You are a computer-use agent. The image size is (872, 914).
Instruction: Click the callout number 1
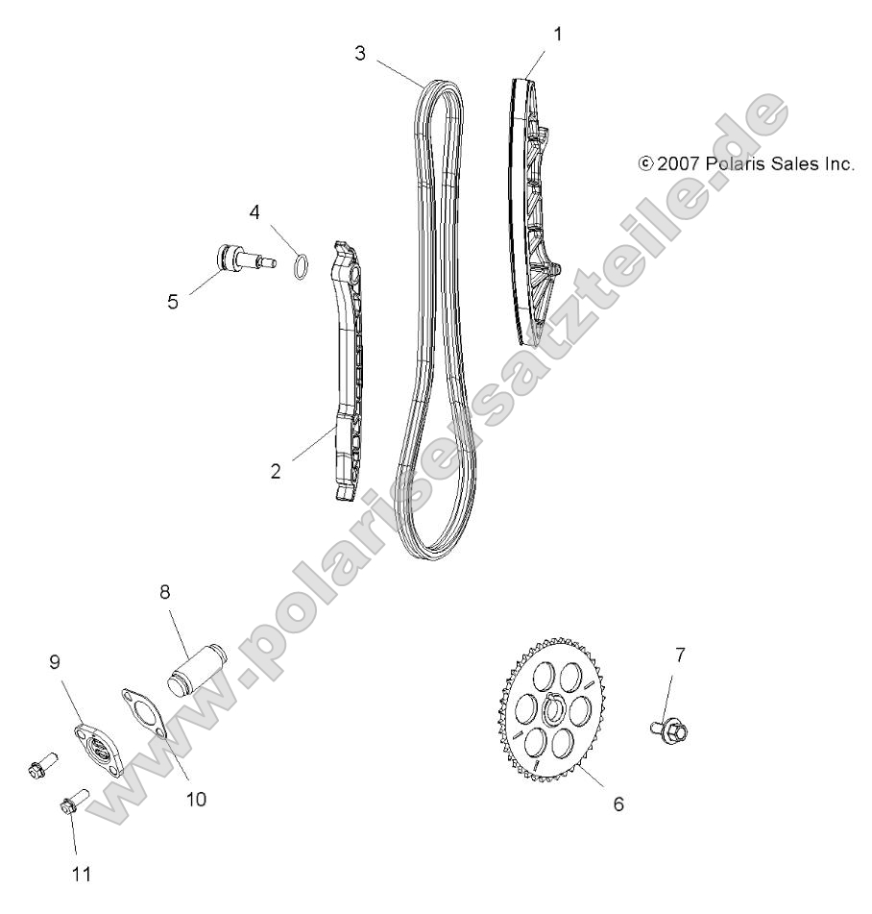(557, 34)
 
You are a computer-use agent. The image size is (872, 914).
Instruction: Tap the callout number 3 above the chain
(360, 53)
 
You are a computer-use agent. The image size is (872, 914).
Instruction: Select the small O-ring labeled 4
(300, 264)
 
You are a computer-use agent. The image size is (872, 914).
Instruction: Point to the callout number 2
(276, 473)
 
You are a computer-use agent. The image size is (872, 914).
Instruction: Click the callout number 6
(618, 803)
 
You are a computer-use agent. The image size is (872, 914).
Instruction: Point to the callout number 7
(680, 655)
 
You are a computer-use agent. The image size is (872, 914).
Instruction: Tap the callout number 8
(164, 593)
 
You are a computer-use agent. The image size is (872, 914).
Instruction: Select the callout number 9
(55, 662)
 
